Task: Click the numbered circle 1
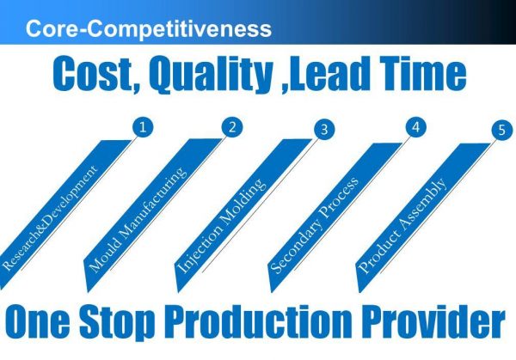(143, 127)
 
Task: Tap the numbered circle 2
(232, 127)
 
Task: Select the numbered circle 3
(324, 129)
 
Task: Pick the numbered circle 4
(416, 127)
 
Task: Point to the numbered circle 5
(502, 130)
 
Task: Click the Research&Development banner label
(50, 218)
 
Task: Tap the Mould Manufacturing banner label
(138, 220)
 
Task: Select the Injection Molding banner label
(220, 226)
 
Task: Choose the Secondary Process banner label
(314, 225)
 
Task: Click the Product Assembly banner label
(402, 226)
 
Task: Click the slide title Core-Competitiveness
(149, 29)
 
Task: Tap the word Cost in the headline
(92, 74)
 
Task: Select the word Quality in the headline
(212, 75)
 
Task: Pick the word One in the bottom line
(38, 321)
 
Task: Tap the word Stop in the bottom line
(117, 324)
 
